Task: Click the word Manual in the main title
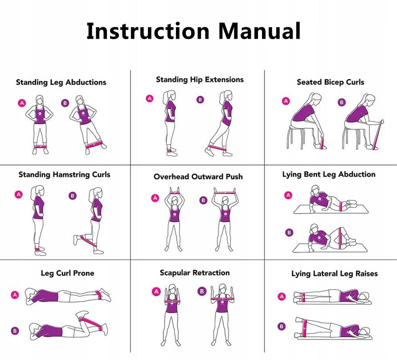coord(259,31)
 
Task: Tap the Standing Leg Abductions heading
coord(61,82)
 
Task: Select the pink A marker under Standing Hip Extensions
coord(150,98)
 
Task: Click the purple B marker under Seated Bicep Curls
coord(342,102)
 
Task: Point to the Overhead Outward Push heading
coord(198,176)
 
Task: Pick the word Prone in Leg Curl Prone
coord(83,273)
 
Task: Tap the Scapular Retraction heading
coord(195,273)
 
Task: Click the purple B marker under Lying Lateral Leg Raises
coord(281,326)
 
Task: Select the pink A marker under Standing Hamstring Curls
coord(18,194)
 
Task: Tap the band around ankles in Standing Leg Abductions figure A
coord(40,146)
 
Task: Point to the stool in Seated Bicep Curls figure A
coord(295,137)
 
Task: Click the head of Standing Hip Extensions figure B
coord(225,96)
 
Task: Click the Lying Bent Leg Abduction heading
coord(329,174)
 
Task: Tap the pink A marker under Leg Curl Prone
coord(15,295)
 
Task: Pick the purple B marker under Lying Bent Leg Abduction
coord(289,233)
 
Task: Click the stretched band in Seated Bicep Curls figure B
coord(377,135)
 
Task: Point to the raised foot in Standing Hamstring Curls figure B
coord(76,240)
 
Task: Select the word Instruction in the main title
coord(148,31)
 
